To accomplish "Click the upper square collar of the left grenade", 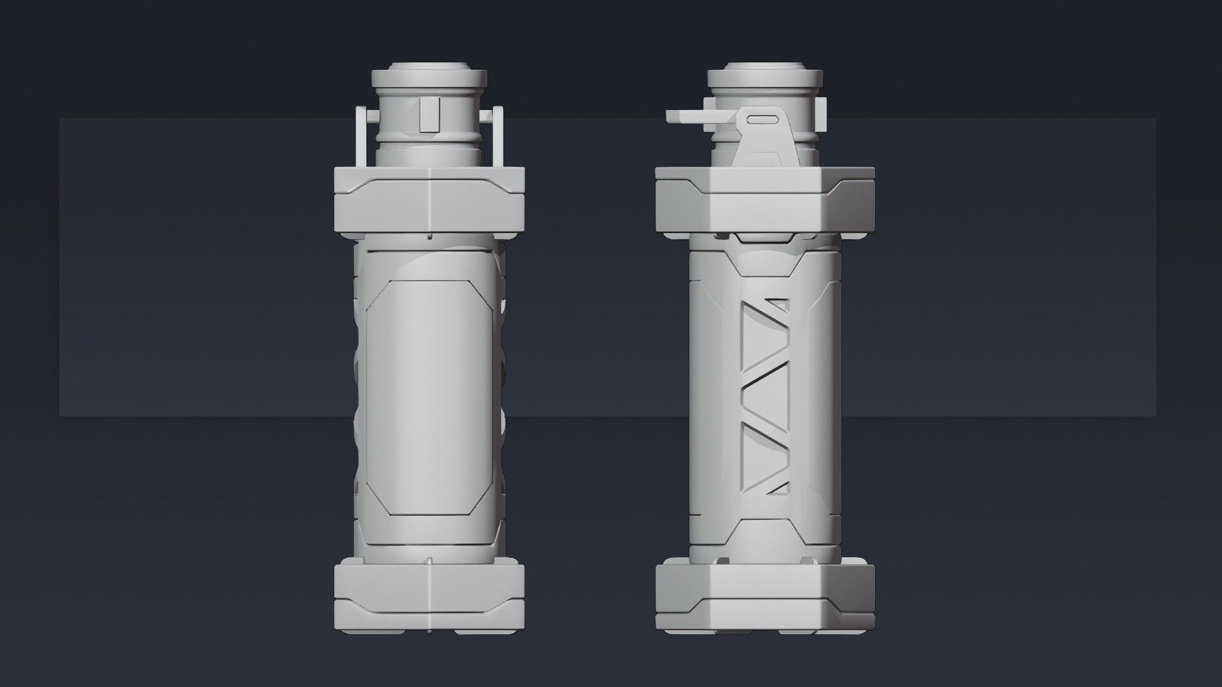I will pos(429,200).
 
